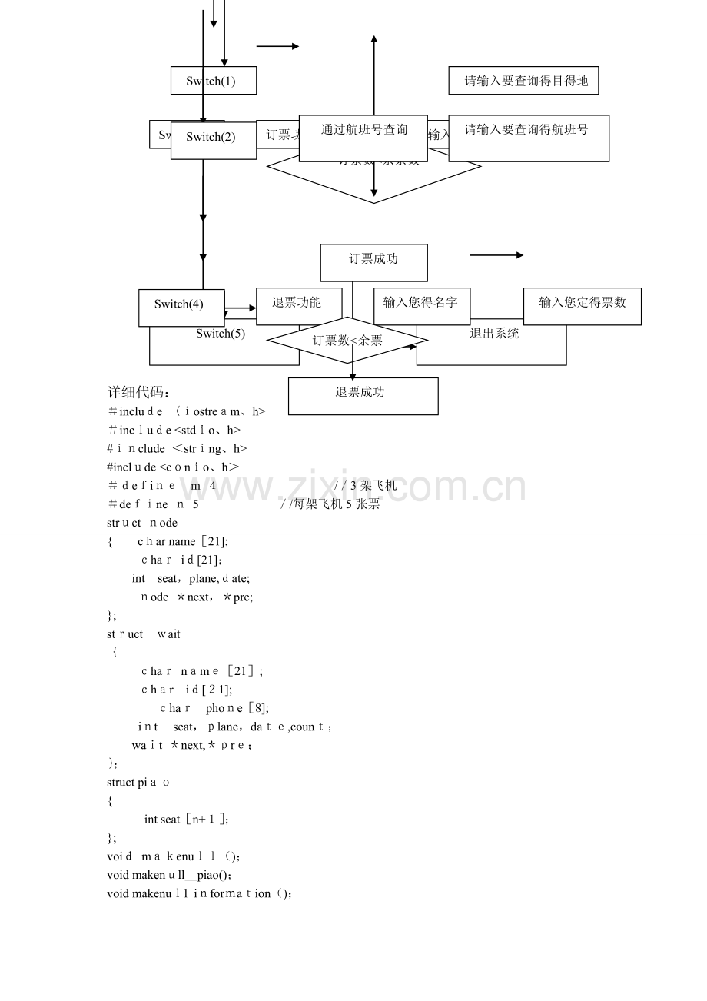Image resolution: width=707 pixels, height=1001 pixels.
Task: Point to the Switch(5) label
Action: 221,334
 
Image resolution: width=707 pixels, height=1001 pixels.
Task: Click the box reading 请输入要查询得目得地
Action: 523,81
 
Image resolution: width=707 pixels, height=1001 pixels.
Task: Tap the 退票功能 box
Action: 297,303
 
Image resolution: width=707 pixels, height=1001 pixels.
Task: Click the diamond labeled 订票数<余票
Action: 347,340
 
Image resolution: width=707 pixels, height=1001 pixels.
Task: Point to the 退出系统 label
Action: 495,334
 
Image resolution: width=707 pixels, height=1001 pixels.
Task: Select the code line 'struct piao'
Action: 138,782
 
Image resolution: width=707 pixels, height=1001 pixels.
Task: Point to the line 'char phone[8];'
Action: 214,708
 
